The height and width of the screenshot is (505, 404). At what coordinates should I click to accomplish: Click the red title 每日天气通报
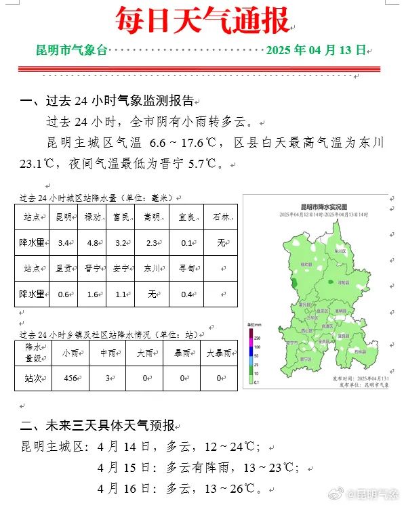(x=202, y=20)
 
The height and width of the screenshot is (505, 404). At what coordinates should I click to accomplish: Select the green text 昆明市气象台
(x=72, y=50)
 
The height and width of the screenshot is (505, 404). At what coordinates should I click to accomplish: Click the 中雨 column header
(x=107, y=352)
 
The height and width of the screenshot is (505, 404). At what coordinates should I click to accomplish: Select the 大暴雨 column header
(x=219, y=352)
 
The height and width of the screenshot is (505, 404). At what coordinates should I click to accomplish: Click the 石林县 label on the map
(x=359, y=351)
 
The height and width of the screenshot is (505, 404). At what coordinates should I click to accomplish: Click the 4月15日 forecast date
(x=120, y=468)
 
